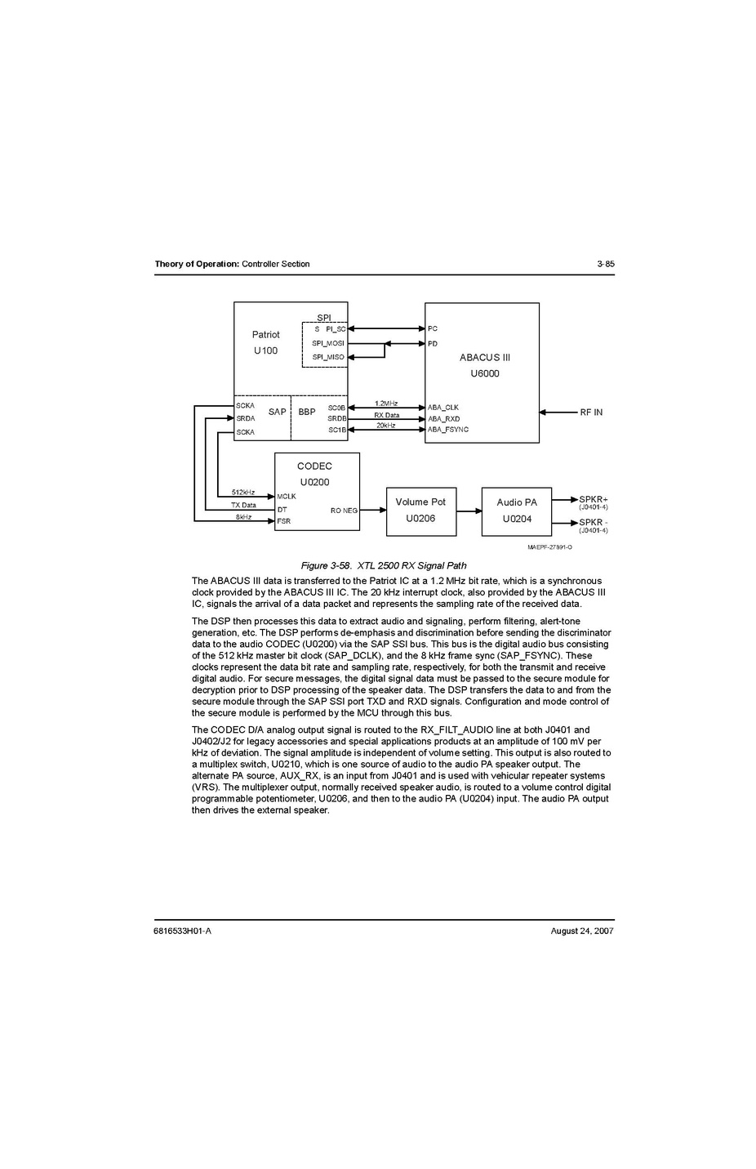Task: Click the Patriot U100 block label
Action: tap(265, 342)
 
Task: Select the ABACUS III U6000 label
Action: tap(484, 365)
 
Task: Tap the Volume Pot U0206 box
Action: tap(420, 511)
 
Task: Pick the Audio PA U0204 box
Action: tap(517, 511)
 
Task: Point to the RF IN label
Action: tap(591, 413)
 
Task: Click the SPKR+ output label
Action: tap(593, 499)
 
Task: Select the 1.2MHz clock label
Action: tap(386, 404)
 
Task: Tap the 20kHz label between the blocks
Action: tap(385, 426)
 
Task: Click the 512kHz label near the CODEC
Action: tap(242, 493)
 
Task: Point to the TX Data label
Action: tap(242, 505)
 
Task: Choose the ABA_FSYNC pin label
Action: tap(448, 430)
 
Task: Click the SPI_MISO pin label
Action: tap(327, 357)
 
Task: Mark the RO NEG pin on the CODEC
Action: tap(344, 511)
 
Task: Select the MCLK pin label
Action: tap(286, 497)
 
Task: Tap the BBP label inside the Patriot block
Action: tap(306, 412)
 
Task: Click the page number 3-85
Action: tap(605, 264)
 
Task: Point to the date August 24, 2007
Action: tap(581, 930)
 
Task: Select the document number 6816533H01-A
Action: tap(182, 930)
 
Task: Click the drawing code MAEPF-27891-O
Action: tap(549, 547)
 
